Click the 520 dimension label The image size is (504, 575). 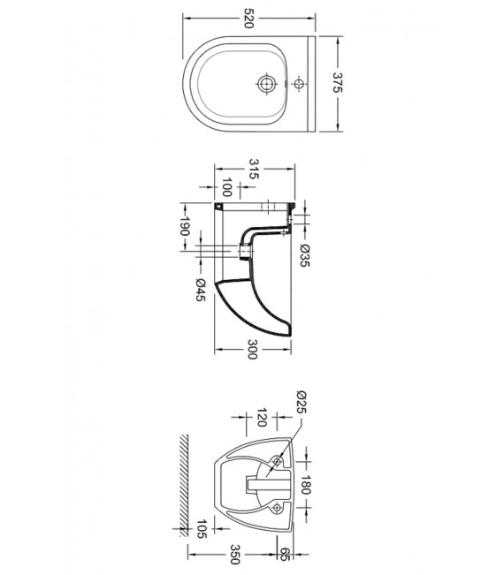pyautogui.click(x=248, y=19)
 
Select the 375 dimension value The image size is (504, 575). pyautogui.click(x=338, y=82)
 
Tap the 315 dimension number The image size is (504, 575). pyautogui.click(x=254, y=169)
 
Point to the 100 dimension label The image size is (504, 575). pyautogui.click(x=227, y=187)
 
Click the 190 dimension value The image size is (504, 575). pyautogui.click(x=184, y=226)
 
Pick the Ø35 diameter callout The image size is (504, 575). pyautogui.click(x=305, y=255)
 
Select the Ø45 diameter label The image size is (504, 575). pyautogui.click(x=201, y=290)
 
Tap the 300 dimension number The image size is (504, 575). pyautogui.click(x=252, y=349)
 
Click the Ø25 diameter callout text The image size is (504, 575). pyautogui.click(x=301, y=402)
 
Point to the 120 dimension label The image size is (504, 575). pyautogui.click(x=261, y=418)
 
